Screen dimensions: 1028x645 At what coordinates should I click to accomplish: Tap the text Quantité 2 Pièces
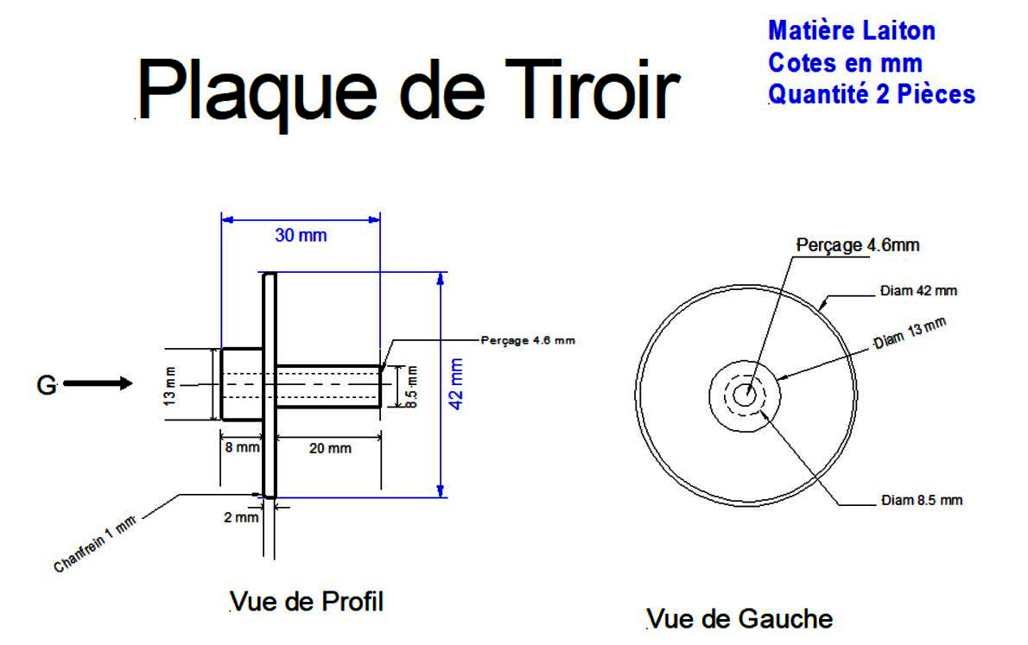872,94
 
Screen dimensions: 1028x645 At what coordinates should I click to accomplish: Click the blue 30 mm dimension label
301,236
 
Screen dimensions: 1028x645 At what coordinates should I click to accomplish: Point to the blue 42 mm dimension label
456,383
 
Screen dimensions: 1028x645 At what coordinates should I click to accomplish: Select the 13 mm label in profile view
170,385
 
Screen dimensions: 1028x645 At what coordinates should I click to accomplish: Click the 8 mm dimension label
242,447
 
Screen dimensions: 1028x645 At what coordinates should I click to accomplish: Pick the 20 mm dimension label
330,448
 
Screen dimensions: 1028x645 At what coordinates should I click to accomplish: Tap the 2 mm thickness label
241,517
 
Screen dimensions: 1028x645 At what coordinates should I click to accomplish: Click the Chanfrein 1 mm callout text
95,544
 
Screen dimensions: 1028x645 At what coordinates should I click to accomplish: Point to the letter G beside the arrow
47,385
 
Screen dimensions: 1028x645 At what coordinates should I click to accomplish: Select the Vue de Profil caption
307,602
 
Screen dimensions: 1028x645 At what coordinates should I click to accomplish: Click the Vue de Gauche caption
739,619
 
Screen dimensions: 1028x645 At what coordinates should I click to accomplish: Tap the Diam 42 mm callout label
918,290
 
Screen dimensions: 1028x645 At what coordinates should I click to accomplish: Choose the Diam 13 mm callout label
910,333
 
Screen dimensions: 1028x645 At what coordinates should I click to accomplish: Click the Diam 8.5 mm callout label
922,500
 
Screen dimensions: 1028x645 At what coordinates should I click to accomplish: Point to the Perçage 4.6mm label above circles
858,245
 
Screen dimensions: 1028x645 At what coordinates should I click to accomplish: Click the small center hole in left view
744,395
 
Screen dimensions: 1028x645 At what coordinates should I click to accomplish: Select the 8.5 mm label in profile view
412,387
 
